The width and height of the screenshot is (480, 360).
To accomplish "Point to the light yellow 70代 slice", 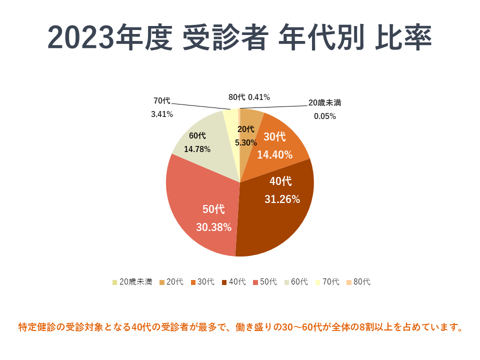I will pyautogui.click(x=230, y=120).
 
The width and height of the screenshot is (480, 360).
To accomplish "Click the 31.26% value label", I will pyautogui.click(x=282, y=199).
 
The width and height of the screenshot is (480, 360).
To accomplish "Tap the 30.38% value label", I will pyautogui.click(x=213, y=227).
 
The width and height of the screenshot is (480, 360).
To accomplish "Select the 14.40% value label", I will pyautogui.click(x=274, y=155).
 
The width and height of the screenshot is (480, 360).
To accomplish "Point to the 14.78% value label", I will pyautogui.click(x=197, y=149).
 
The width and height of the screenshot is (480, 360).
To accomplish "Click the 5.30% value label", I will pyautogui.click(x=245, y=142).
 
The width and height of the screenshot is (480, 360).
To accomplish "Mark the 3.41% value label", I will pyautogui.click(x=162, y=114).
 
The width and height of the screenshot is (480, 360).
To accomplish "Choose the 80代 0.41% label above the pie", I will pyautogui.click(x=249, y=97).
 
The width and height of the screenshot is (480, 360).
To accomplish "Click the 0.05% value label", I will pyautogui.click(x=324, y=116).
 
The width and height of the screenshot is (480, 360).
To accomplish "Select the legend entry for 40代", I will pyautogui.click(x=233, y=282).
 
